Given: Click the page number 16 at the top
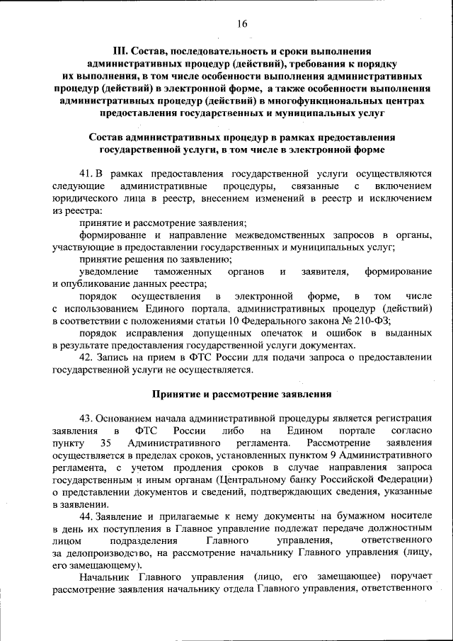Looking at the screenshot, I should coord(242,23).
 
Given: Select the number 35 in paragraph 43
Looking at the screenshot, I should coord(108,443).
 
